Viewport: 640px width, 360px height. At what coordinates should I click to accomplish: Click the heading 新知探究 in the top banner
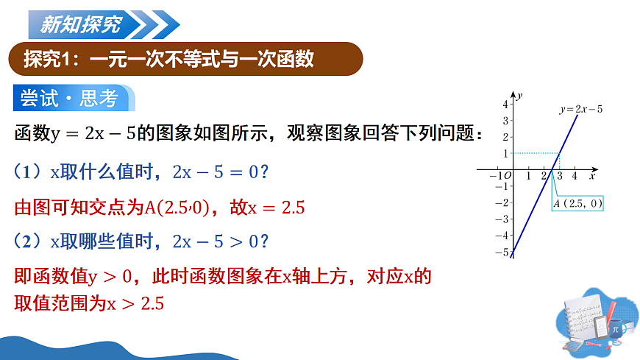(80, 27)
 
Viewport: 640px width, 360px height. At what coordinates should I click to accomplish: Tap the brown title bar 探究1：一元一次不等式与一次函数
(169, 59)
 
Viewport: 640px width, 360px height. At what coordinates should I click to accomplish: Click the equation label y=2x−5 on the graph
(581, 110)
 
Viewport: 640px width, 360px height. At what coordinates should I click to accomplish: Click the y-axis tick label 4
(505, 105)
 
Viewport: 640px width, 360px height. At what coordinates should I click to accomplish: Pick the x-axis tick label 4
(575, 177)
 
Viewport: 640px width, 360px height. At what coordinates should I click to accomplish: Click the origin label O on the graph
(508, 177)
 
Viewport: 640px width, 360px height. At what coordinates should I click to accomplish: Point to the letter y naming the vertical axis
(519, 95)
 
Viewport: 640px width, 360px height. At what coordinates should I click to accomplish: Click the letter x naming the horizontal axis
(591, 177)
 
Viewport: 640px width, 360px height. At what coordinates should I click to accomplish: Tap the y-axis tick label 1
(505, 153)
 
